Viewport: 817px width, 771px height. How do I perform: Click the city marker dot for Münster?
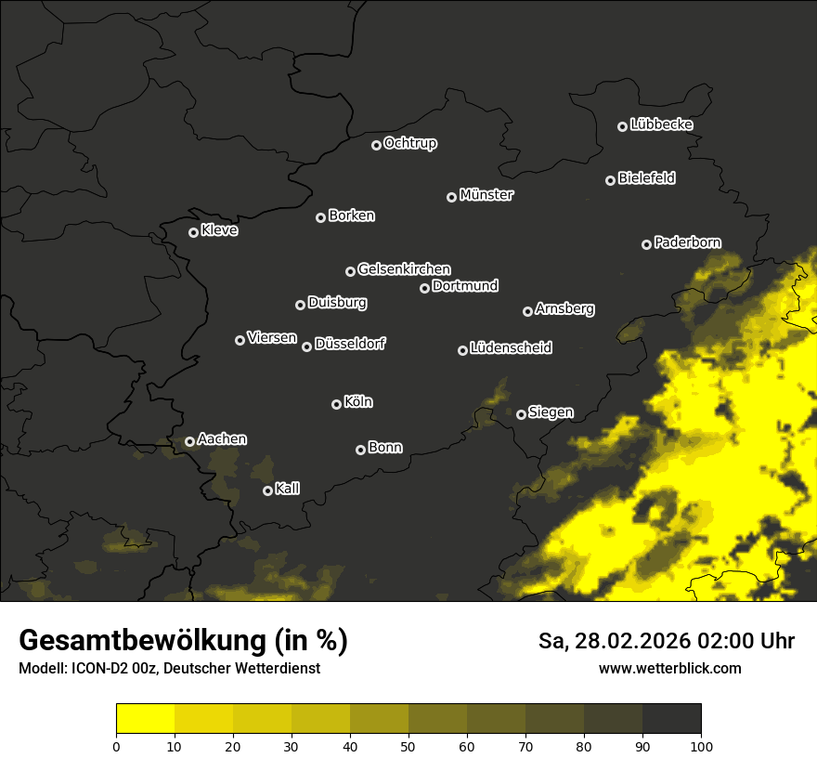pos(452,197)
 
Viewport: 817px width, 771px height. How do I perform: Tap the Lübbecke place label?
pos(661,124)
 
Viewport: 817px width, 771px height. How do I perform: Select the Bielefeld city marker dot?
pos(611,180)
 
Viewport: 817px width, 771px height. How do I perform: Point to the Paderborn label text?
pos(687,242)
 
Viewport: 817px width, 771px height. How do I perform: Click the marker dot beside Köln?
pos(336,404)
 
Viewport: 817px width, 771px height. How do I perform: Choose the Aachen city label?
pos(222,439)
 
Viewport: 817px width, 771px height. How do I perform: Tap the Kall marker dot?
pos(267,490)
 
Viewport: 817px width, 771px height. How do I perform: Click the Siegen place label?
pos(551,412)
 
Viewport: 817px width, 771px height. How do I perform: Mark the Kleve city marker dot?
pos(193,232)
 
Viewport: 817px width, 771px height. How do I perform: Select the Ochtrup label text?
pos(409,143)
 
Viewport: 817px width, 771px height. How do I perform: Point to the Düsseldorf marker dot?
pos(306,346)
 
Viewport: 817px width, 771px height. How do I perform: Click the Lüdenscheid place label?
pos(511,347)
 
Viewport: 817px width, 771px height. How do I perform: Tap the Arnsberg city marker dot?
pos(527,311)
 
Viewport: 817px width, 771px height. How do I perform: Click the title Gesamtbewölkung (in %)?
pos(183,641)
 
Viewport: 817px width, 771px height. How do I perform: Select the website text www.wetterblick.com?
pos(669,668)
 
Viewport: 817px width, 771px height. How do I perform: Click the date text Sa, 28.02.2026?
pos(626,641)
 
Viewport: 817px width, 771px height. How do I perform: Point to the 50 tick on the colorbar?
pos(408,745)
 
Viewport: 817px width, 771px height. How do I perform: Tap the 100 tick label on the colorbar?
pos(701,745)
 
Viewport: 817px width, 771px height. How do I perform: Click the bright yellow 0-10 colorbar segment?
pos(145,719)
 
